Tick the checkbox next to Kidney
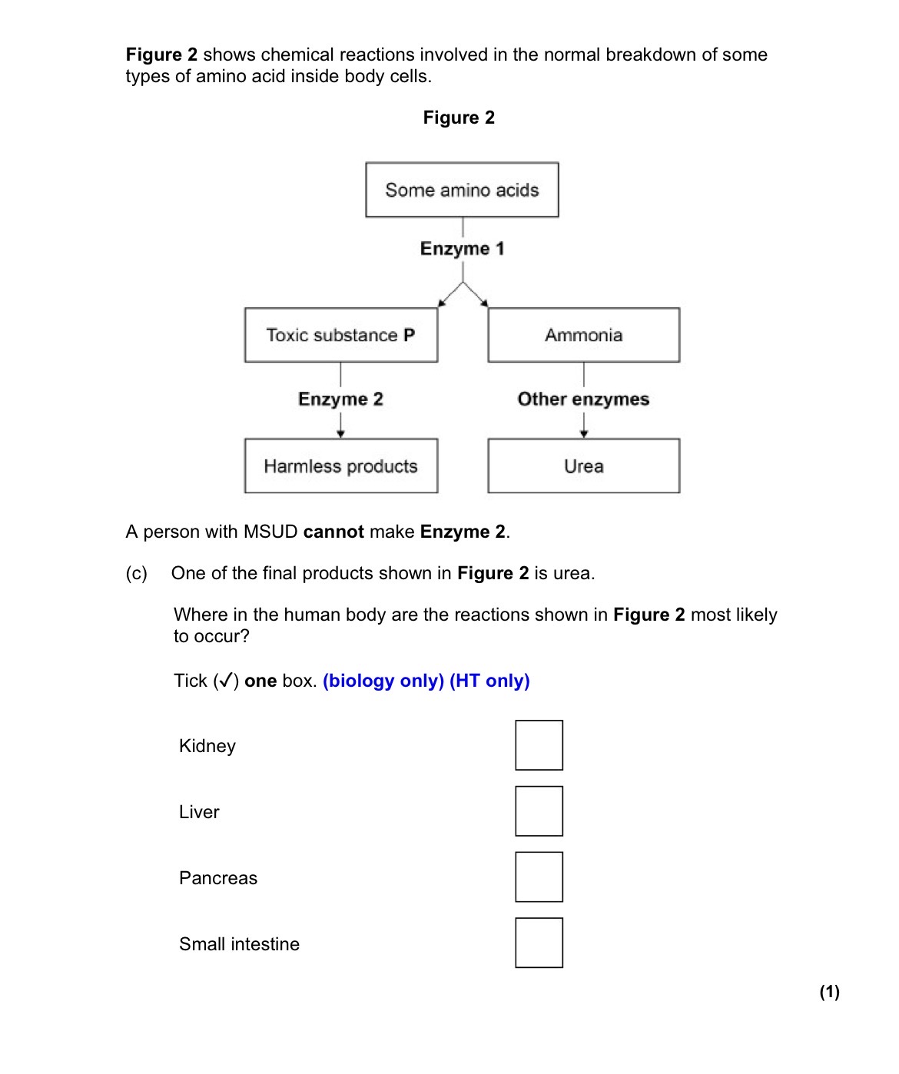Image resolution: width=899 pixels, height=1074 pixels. tap(539, 744)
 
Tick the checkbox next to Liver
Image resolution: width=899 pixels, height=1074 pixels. tap(539, 810)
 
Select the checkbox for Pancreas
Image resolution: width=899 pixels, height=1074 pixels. tap(539, 877)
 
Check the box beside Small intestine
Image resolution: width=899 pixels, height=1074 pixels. tap(539, 943)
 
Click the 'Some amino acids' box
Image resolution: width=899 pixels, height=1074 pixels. tap(462, 190)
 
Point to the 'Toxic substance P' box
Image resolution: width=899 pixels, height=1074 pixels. tap(341, 335)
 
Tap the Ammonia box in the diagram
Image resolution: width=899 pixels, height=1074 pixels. tap(583, 335)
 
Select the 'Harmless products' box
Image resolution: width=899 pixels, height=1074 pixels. tap(341, 466)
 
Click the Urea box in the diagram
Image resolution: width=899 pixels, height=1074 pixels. tap(583, 466)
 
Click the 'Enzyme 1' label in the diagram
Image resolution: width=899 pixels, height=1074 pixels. tap(462, 249)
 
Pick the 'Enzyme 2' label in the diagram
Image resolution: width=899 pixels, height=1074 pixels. tap(340, 399)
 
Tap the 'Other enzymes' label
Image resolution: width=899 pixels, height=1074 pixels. tap(583, 399)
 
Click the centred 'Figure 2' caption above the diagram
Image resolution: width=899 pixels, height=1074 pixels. tap(459, 118)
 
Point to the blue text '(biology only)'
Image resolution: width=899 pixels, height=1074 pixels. tap(383, 681)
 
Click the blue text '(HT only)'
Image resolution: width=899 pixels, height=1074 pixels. tap(489, 681)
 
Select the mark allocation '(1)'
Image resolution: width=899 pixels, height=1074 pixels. tap(830, 992)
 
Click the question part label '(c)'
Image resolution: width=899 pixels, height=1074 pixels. tap(136, 573)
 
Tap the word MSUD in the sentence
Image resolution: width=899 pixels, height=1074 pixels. tap(270, 532)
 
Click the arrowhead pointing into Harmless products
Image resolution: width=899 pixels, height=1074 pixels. tap(340, 434)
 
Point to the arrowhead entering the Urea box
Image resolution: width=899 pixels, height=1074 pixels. tap(583, 434)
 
